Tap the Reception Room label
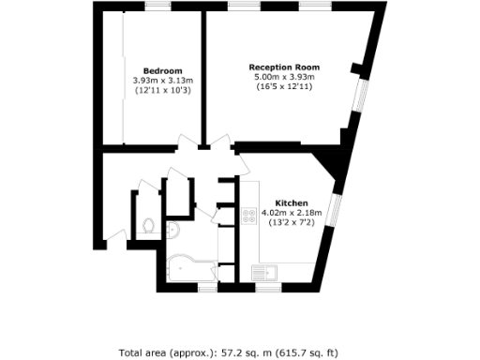[x=284, y=67]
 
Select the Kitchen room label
[x=292, y=203]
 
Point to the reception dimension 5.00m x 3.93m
[x=284, y=78]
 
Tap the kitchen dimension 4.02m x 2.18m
[x=292, y=213]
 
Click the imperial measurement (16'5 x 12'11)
[x=284, y=87]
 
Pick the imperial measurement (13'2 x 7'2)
[x=292, y=222]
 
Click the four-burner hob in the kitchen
[x=249, y=216]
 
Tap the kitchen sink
[x=262, y=274]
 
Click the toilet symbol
[x=149, y=225]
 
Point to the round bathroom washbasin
[x=174, y=232]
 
